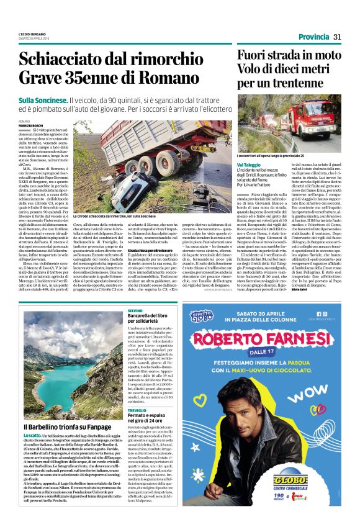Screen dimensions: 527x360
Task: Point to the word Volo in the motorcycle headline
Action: [270, 70]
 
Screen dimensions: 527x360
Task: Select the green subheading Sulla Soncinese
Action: [43, 100]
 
